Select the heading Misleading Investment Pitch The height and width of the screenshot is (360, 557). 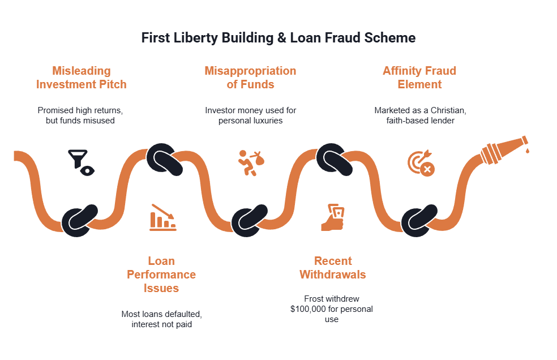82,78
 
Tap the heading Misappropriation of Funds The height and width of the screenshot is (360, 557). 250,78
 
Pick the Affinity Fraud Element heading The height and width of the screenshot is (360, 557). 419,78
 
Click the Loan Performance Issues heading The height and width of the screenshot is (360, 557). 161,275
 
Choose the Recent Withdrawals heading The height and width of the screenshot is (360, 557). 333,268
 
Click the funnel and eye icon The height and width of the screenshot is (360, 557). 82,162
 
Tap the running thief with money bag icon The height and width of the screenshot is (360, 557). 251,163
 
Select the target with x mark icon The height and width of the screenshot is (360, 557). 421,163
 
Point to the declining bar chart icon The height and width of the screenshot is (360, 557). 163,217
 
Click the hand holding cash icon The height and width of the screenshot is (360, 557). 333,217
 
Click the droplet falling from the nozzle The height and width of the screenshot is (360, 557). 527,151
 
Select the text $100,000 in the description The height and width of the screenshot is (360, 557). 308,309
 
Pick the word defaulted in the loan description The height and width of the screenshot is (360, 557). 181,314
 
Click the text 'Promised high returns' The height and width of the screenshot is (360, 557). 80,110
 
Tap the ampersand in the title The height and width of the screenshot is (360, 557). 282,38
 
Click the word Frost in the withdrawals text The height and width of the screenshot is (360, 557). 314,298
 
